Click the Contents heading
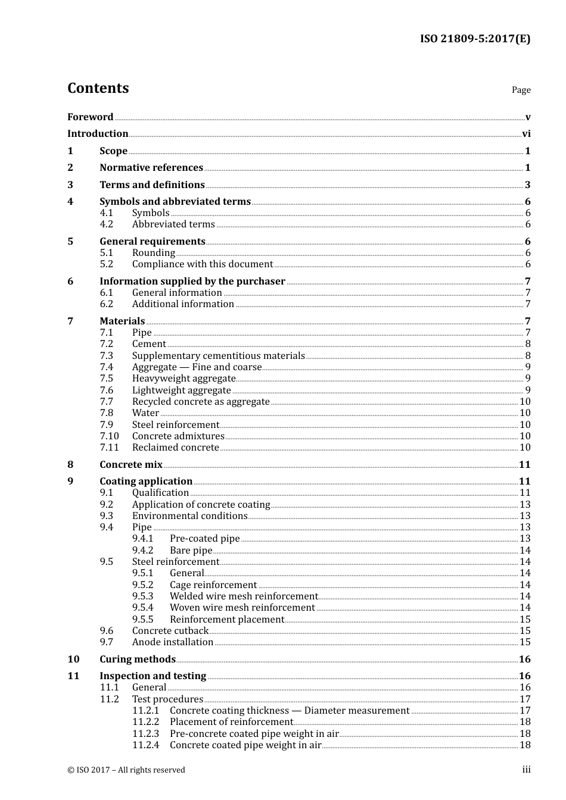(x=98, y=88)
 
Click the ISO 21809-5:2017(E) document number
(x=475, y=39)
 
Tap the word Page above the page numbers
(x=521, y=90)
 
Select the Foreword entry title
(x=90, y=117)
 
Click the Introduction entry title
(x=98, y=133)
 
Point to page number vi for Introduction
(x=526, y=133)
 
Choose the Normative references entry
(x=151, y=168)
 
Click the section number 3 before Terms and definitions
(x=70, y=185)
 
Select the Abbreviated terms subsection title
(x=173, y=224)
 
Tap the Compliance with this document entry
(x=203, y=264)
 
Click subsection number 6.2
(x=107, y=304)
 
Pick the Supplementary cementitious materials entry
(x=218, y=356)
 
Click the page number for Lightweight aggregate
(x=527, y=390)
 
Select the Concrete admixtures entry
(x=178, y=436)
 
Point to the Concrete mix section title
(x=131, y=465)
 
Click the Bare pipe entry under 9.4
(x=191, y=551)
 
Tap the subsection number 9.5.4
(x=143, y=608)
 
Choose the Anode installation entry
(x=173, y=642)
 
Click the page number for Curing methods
(x=524, y=660)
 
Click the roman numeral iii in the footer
(x=526, y=770)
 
